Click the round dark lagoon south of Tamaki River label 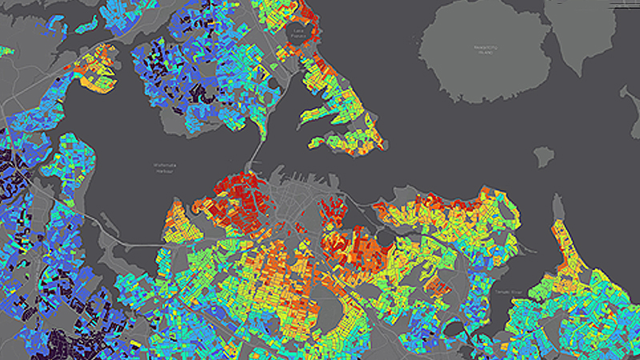[x=455, y=329]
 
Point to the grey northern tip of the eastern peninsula [x=559, y=209]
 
